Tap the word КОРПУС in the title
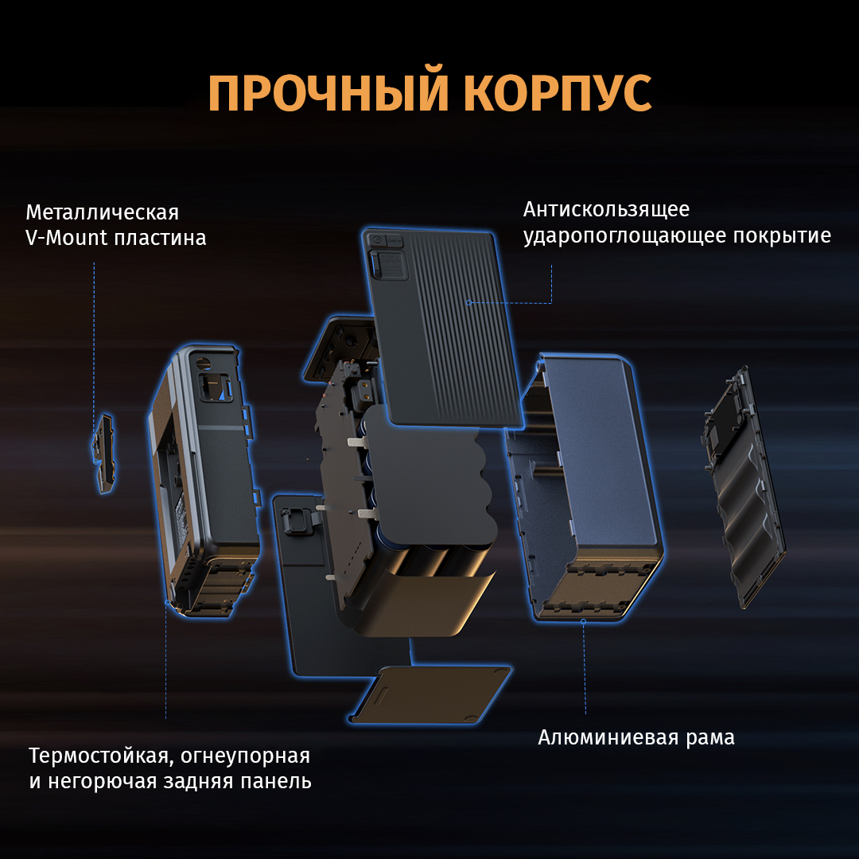coord(558,93)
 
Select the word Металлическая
coord(103,212)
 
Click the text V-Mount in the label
coord(66,238)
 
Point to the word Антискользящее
coord(606,209)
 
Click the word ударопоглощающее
coord(624,236)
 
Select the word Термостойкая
coord(100,756)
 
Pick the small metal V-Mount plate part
coord(103,453)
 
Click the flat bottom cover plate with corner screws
coord(430,694)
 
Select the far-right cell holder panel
coord(743,488)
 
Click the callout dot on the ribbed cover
coord(468,302)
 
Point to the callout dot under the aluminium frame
coord(584,621)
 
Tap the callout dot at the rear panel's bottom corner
coord(166,602)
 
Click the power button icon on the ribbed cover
coord(378,240)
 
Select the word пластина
coord(161,239)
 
